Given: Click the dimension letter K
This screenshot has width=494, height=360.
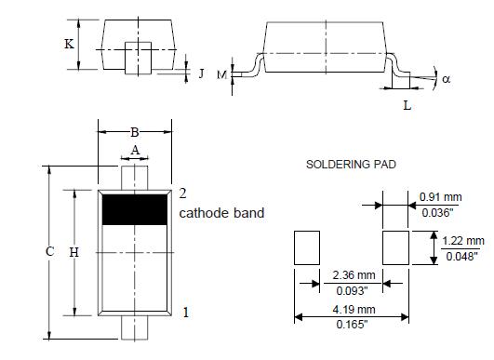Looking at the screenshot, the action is click(x=70, y=44).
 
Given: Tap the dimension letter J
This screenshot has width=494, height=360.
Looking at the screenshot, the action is click(x=202, y=73).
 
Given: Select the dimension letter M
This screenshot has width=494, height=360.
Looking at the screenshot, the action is click(x=221, y=75).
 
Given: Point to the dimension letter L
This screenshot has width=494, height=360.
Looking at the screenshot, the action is click(x=407, y=105).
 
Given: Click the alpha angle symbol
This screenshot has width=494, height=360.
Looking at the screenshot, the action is click(x=447, y=79).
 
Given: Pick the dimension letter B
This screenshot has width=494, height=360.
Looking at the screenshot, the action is click(x=135, y=132).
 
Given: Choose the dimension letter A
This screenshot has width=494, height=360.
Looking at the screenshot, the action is click(x=135, y=151).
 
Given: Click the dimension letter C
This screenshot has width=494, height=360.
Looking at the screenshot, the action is click(x=50, y=252).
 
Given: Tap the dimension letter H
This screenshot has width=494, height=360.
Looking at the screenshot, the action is click(x=74, y=252).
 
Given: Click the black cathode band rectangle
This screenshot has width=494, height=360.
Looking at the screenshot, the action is click(x=135, y=209).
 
